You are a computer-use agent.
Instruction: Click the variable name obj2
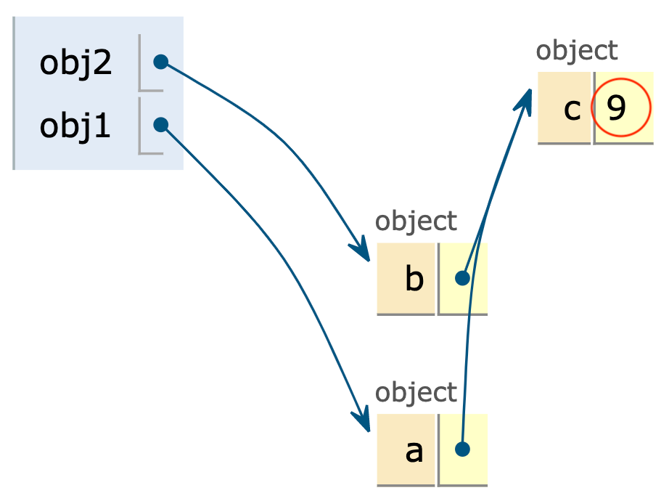[x=75, y=64]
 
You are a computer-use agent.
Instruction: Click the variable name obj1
[x=75, y=126]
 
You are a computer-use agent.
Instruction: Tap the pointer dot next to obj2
[x=161, y=62]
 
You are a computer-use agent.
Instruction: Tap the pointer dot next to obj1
[x=161, y=125]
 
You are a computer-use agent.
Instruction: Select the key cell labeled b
[x=406, y=279]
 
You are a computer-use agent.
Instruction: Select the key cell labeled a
[x=406, y=450]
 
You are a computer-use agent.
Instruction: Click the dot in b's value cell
[x=462, y=278]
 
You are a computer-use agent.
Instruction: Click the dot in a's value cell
[x=462, y=449]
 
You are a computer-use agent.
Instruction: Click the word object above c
[x=577, y=51]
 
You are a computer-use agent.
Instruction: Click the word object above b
[x=416, y=221]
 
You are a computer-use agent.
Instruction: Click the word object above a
[x=416, y=392]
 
